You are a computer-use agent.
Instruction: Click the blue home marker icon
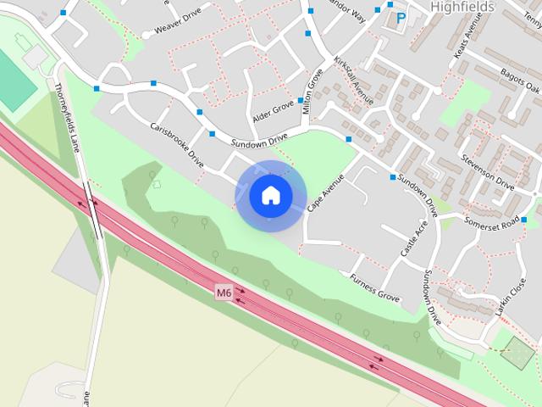(271, 196)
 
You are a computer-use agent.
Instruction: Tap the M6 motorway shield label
(224, 293)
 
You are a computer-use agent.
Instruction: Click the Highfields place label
(462, 6)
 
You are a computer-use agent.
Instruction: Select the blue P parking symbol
(401, 17)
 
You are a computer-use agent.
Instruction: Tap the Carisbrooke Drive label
(177, 145)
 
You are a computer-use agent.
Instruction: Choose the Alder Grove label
(272, 108)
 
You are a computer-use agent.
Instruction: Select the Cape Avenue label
(326, 192)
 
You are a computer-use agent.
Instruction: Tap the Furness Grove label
(374, 286)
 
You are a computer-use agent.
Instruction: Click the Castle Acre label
(414, 240)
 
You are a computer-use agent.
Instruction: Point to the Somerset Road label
(491, 222)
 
